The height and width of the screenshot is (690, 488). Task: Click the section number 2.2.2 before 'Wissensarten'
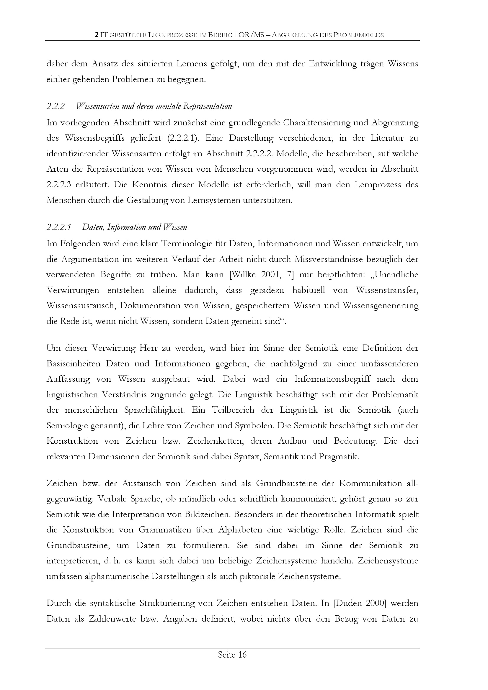click(x=56, y=106)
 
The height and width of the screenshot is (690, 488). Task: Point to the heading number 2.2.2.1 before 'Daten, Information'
click(x=59, y=227)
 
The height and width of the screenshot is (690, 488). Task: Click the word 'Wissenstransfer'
click(x=387, y=290)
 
